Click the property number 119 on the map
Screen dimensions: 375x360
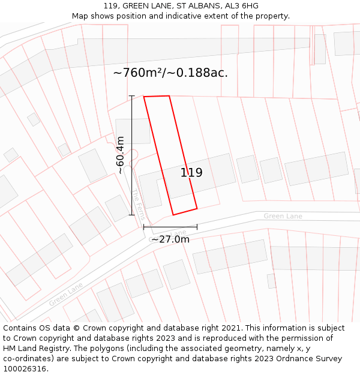tap(191, 173)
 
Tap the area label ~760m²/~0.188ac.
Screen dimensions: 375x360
tap(170, 73)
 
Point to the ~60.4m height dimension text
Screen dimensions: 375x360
tap(120, 155)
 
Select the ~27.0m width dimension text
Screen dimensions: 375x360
tap(170, 239)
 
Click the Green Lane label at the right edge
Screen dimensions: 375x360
tap(283, 216)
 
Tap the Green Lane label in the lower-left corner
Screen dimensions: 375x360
tap(66, 295)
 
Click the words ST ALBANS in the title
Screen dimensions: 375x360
tap(197, 6)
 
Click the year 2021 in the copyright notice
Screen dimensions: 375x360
tap(231, 328)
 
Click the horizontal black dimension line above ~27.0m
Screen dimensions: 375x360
tap(170, 227)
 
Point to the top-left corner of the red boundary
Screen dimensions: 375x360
tap(144, 97)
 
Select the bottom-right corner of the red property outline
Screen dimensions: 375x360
tap(197, 209)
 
